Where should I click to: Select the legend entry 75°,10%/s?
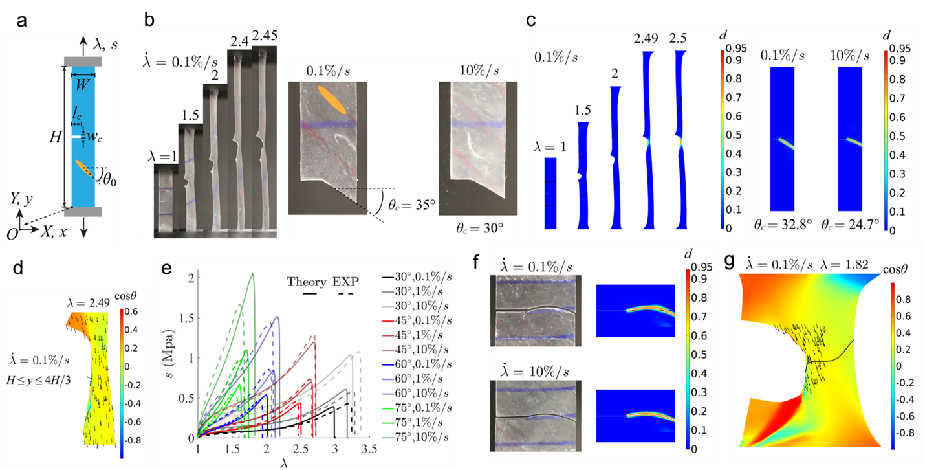point(412,441)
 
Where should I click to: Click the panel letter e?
point(167,267)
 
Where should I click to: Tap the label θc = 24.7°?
point(854,225)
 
